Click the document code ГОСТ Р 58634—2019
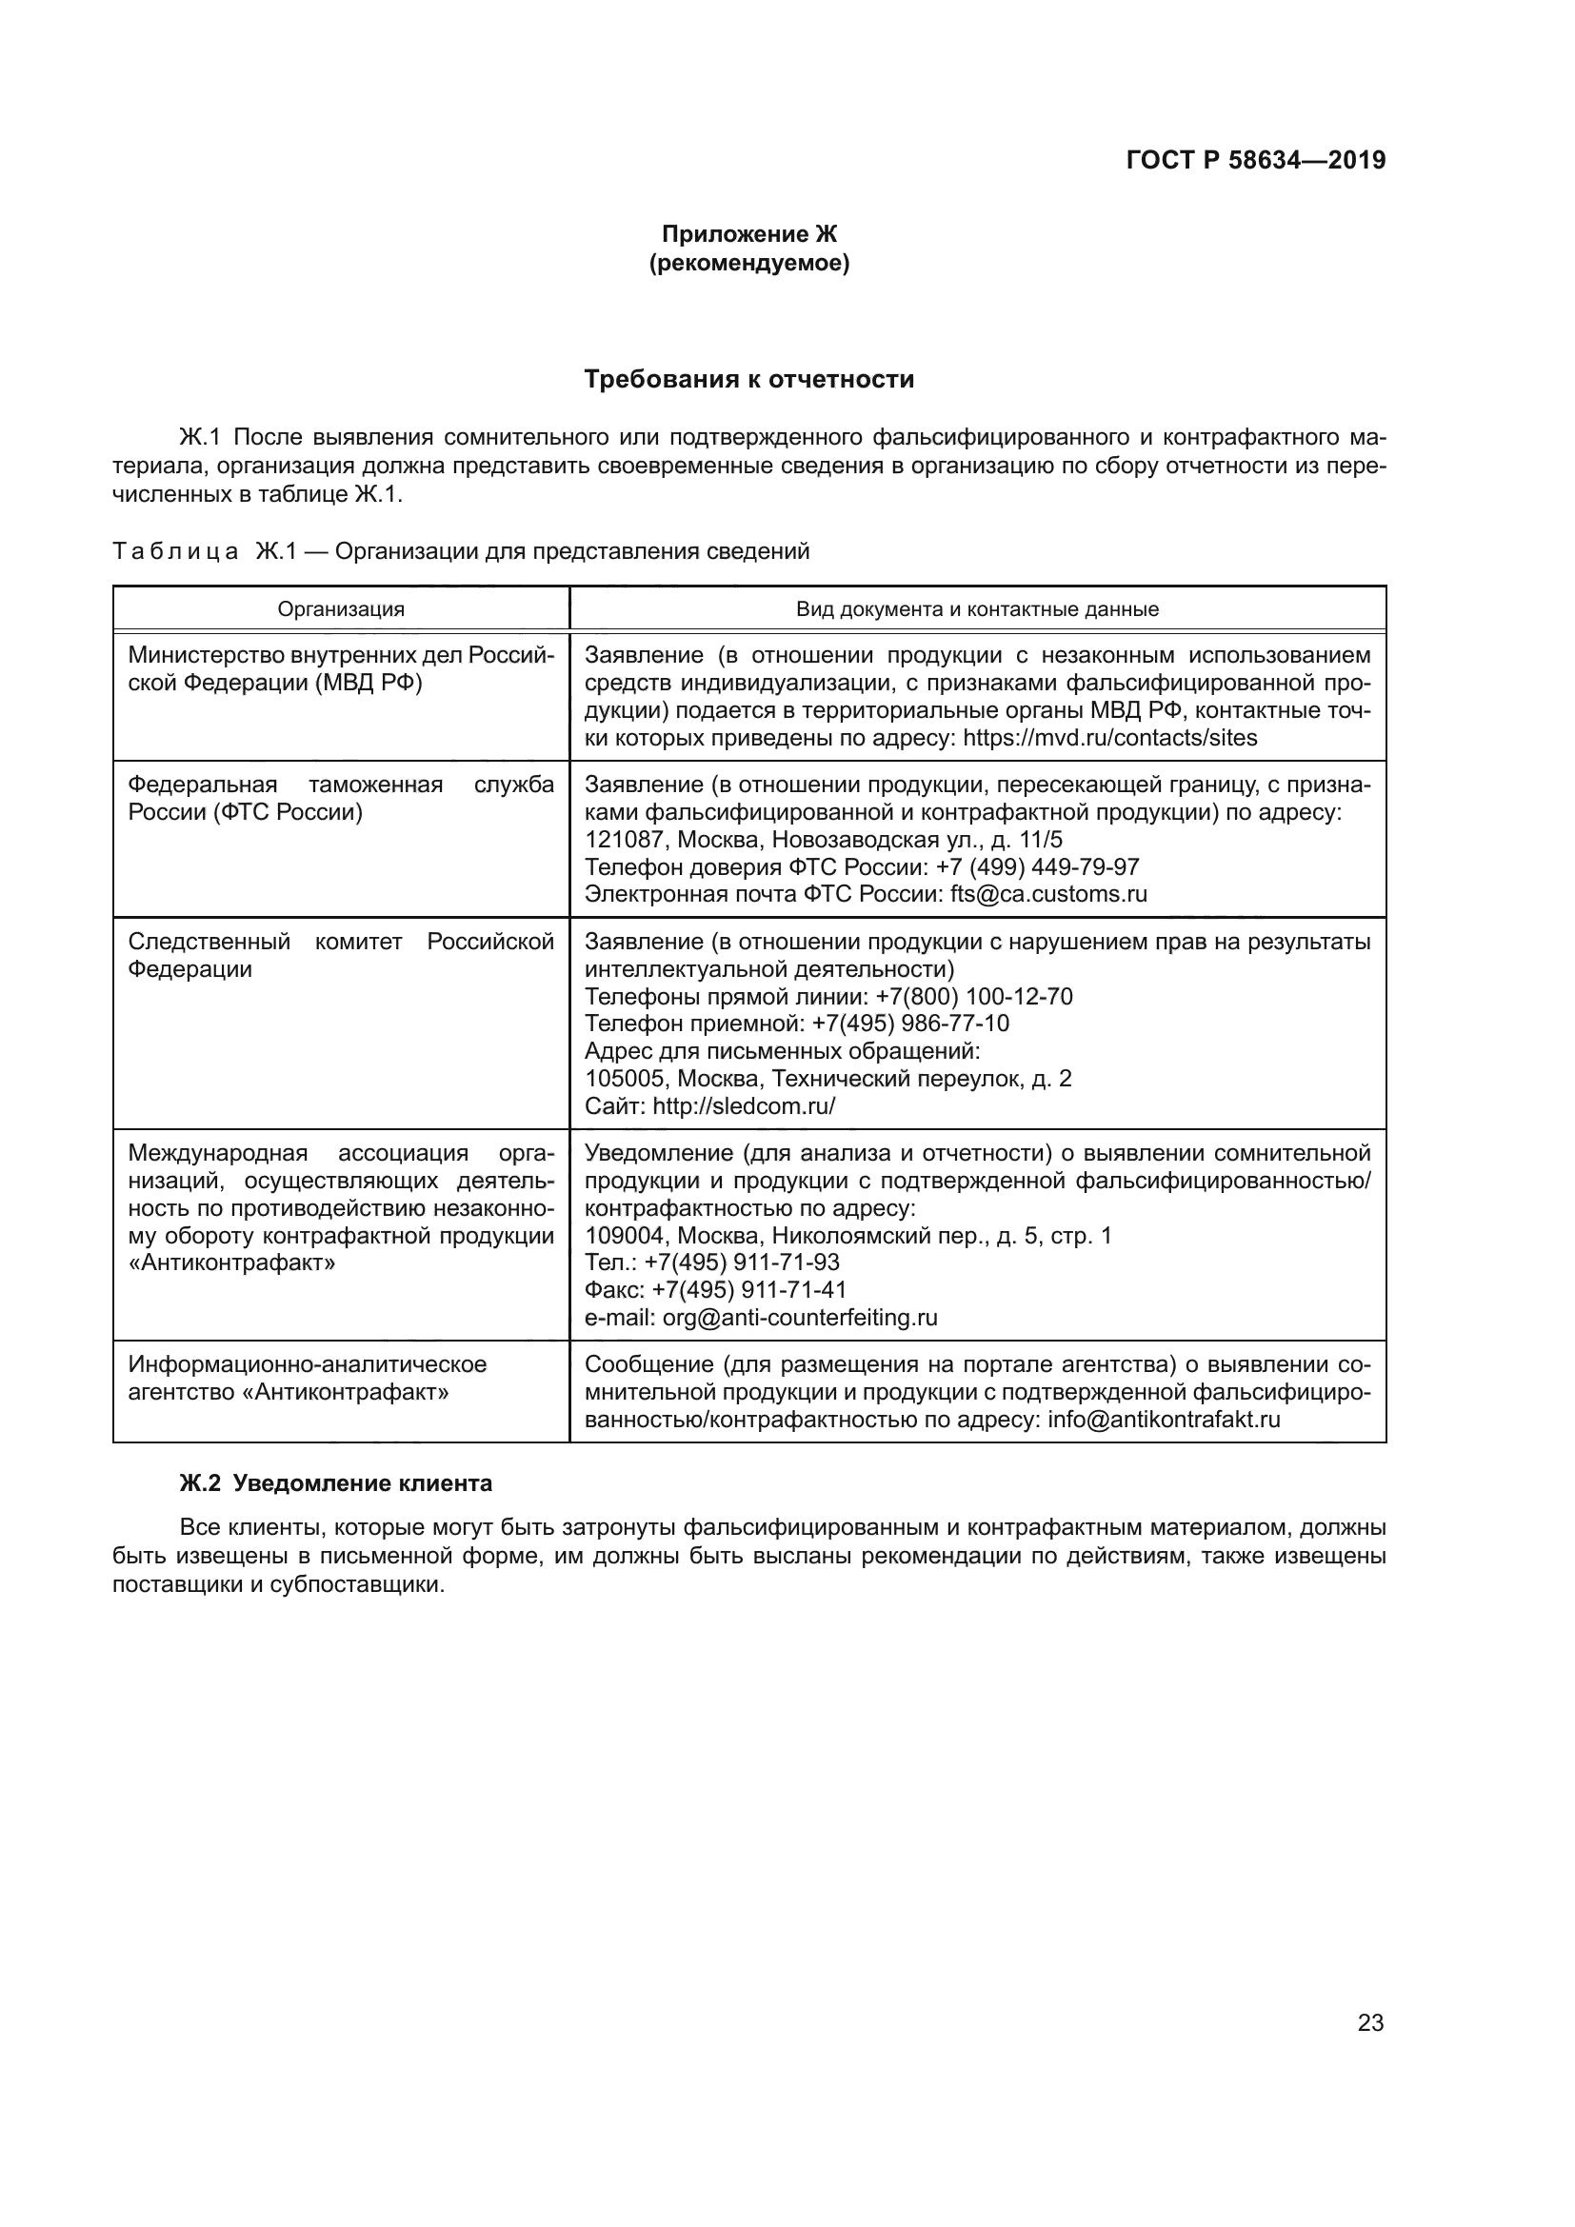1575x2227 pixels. (1255, 160)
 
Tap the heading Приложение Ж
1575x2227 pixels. (748, 234)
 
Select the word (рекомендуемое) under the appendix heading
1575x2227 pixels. (748, 263)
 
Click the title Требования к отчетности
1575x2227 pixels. (748, 379)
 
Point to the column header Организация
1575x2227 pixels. (342, 609)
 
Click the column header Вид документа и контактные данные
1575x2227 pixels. (977, 609)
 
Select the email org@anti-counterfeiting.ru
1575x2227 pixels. (800, 1318)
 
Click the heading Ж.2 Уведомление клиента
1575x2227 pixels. (335, 1483)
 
